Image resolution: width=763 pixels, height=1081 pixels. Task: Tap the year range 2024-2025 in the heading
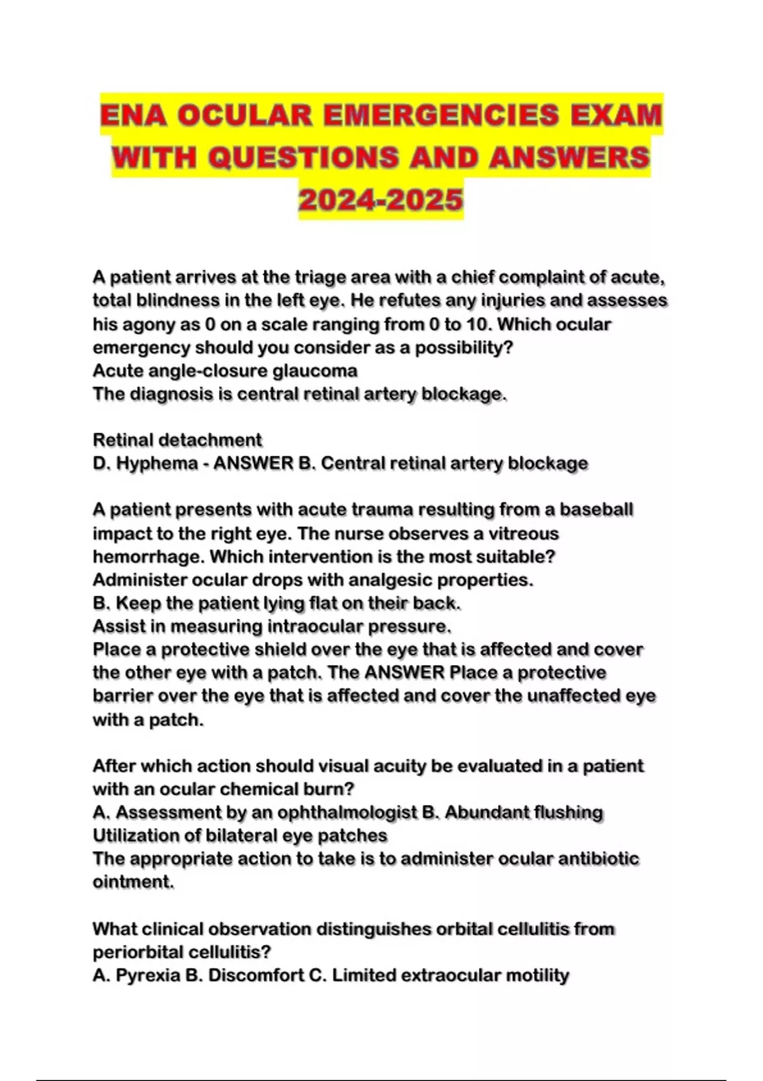tap(381, 200)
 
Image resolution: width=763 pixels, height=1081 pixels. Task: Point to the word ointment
tap(132, 882)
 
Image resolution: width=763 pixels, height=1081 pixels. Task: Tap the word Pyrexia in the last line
tap(148, 975)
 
